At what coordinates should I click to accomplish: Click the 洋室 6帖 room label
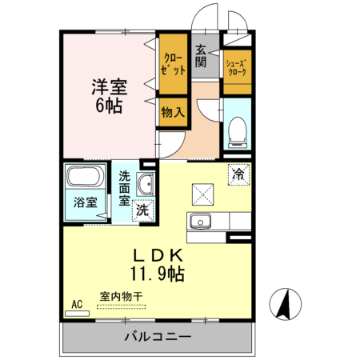110,96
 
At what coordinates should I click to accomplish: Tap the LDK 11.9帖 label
158,265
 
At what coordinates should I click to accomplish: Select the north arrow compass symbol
285,304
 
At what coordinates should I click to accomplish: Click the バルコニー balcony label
158,337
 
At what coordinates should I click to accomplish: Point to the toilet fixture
237,133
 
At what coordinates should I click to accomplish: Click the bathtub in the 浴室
85,176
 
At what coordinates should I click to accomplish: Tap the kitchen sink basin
200,222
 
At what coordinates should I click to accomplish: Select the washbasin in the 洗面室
146,184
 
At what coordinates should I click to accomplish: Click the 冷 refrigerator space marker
238,174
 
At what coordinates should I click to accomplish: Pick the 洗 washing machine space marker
143,210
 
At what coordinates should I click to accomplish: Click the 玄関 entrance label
201,56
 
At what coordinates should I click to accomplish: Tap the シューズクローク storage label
237,67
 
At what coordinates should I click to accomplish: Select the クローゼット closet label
173,64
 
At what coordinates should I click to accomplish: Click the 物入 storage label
173,112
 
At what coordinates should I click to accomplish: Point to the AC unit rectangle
77,314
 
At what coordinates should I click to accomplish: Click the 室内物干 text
122,296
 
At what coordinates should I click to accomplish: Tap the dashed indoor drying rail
122,306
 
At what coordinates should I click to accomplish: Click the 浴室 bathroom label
86,202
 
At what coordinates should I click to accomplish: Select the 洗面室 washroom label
124,188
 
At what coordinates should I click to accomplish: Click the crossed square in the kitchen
202,194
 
